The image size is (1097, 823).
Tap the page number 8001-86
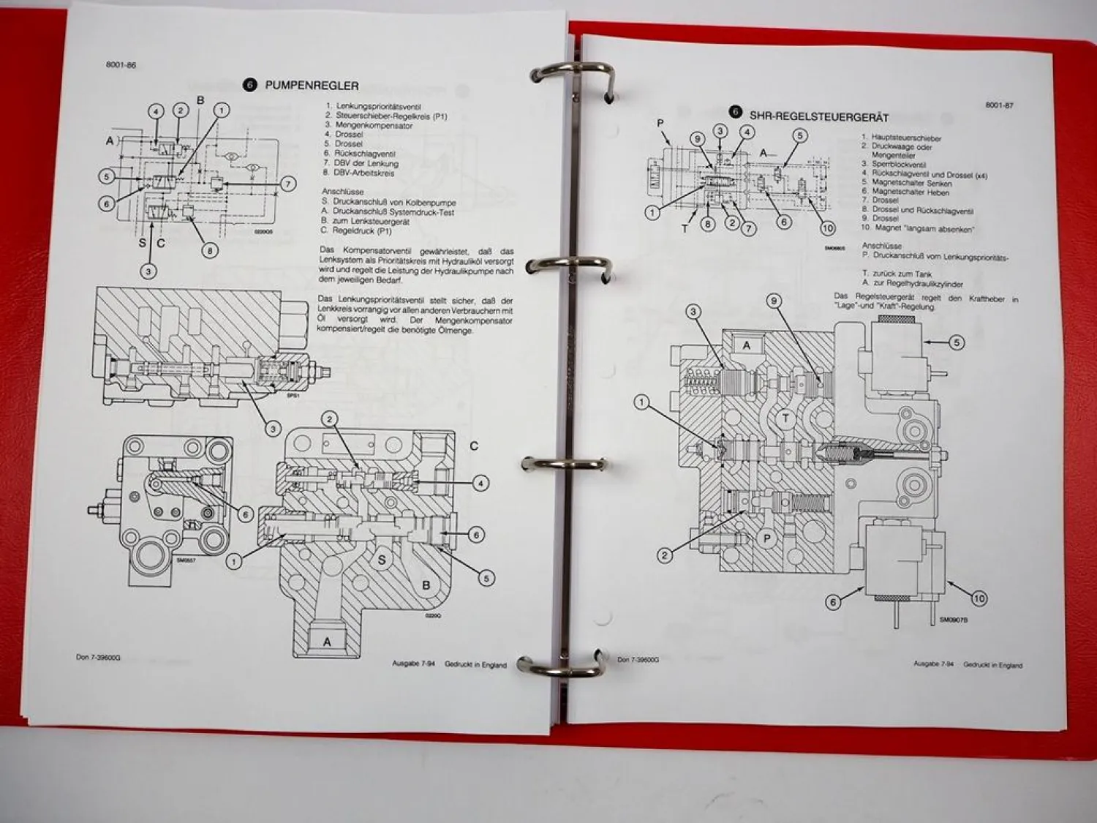click(x=121, y=65)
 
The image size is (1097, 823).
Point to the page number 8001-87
click(x=999, y=105)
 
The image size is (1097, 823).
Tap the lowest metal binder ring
click(x=559, y=664)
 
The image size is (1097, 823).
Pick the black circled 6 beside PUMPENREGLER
click(x=250, y=85)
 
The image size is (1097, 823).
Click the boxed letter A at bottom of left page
click(x=327, y=642)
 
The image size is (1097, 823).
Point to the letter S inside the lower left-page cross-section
click(x=381, y=560)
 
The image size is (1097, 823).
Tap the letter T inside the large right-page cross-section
click(x=785, y=418)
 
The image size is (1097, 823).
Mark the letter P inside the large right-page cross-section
click(x=767, y=538)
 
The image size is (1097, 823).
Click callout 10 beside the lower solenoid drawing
click(x=979, y=598)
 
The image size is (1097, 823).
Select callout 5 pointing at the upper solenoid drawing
click(x=956, y=342)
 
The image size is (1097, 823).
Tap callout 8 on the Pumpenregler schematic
click(x=210, y=251)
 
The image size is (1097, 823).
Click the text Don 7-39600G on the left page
click(x=99, y=657)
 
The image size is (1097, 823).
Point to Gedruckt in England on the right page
click(x=992, y=665)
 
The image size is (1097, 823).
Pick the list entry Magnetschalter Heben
click(x=910, y=192)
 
